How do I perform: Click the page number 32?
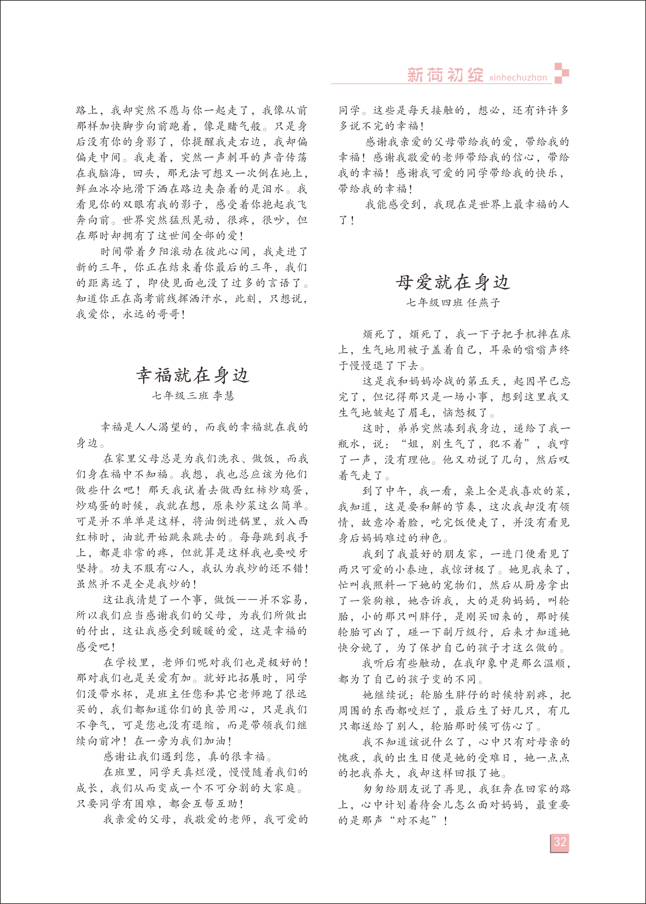pos(560,842)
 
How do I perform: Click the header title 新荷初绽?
pos(445,75)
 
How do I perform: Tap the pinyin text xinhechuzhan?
pos(518,77)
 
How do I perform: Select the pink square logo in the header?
pos(562,73)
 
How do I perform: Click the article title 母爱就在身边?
pos(453,282)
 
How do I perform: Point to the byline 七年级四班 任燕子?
pos(453,303)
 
